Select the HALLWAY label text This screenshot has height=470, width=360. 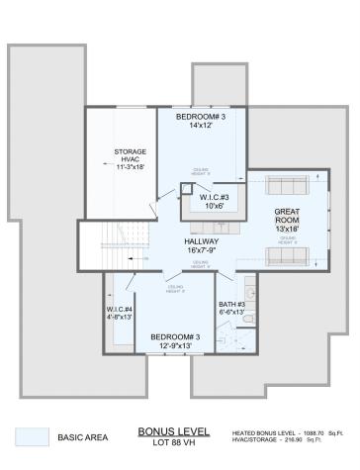(201, 241)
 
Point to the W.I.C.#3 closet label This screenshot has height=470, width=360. (216, 196)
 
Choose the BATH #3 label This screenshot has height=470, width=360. (233, 305)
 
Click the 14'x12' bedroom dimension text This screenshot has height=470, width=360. (201, 127)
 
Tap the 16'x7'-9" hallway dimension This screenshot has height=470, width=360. (201, 251)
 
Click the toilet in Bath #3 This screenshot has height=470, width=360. (248, 319)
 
